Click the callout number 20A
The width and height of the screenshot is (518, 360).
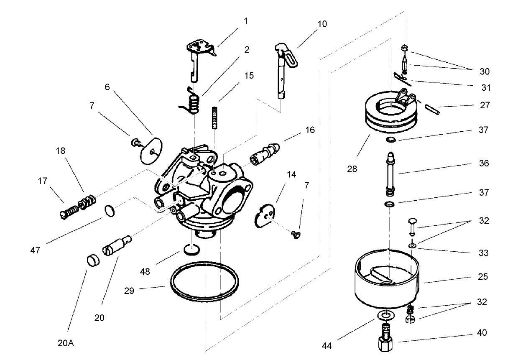point(66,343)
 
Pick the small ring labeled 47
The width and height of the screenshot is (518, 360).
point(109,211)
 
